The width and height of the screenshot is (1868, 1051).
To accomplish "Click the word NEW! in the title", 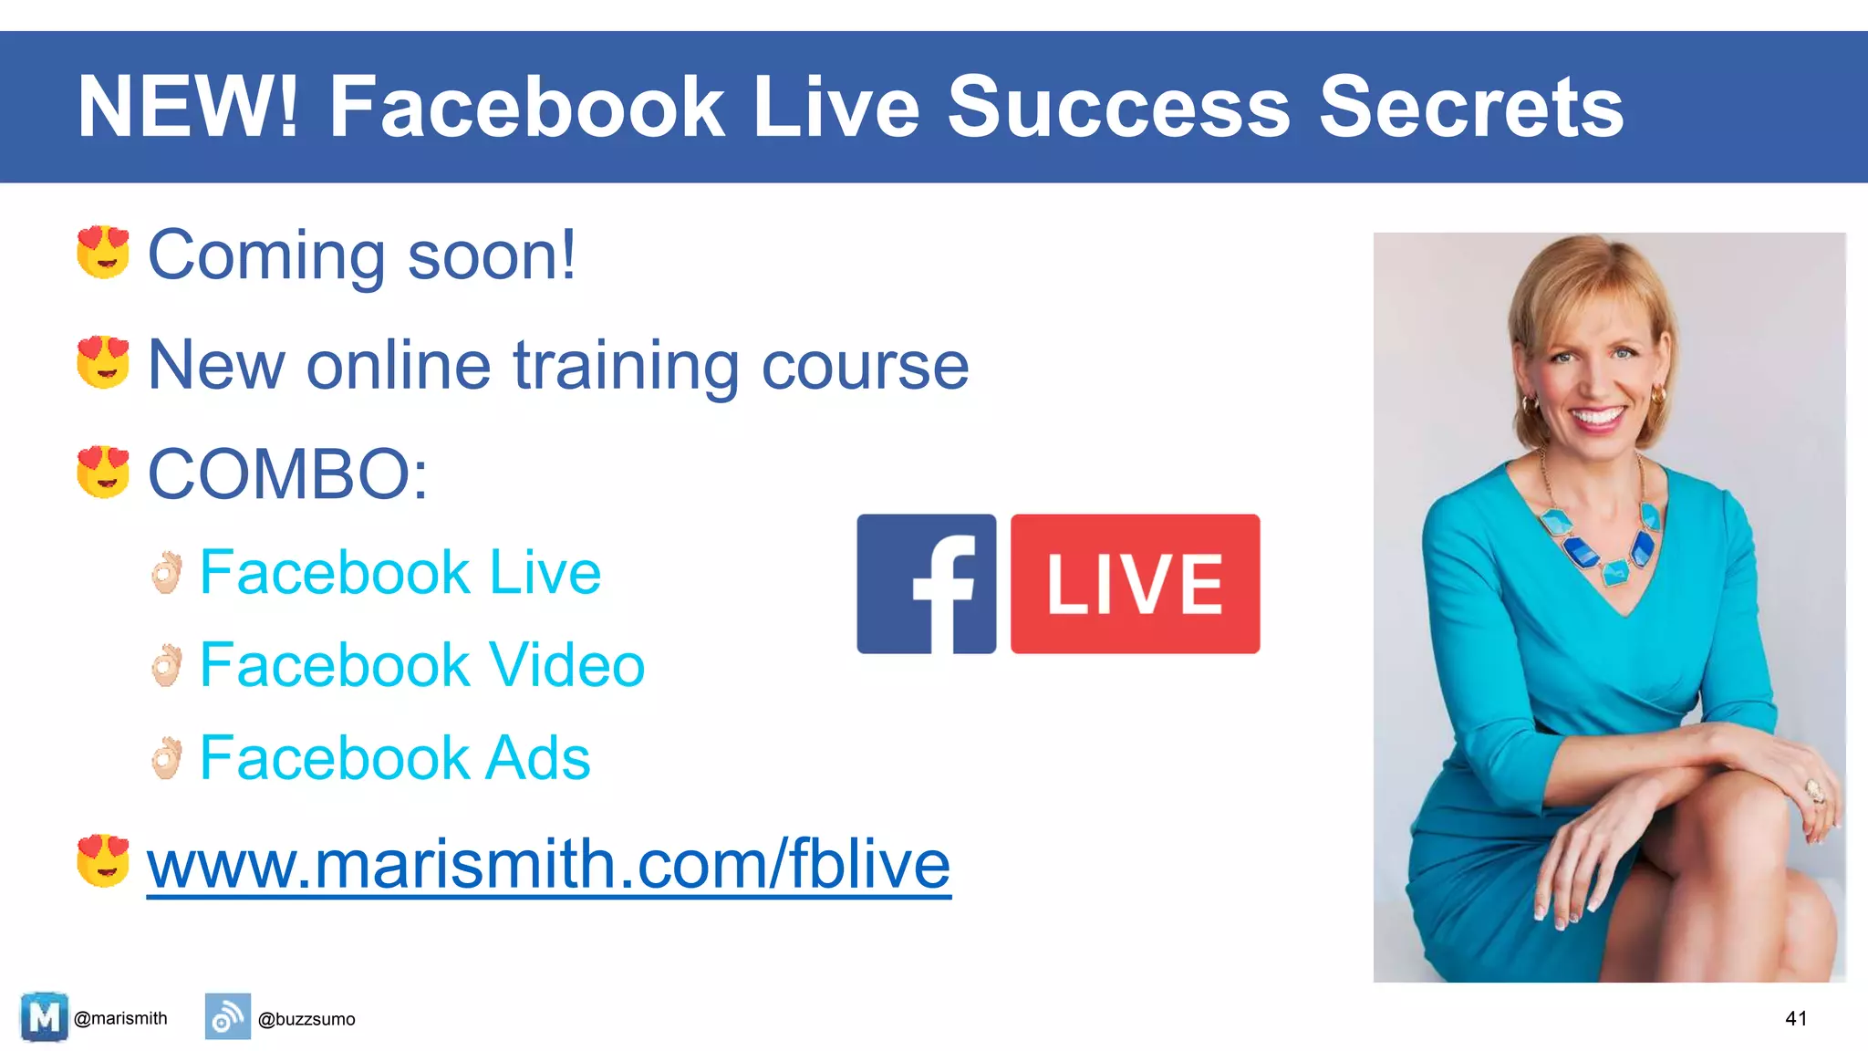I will pos(188,108).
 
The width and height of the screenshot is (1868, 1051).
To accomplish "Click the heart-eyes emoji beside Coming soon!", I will pos(103,252).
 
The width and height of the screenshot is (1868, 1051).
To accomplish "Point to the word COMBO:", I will pos(287,474).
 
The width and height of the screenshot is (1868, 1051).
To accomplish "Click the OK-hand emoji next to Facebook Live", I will pos(167,573).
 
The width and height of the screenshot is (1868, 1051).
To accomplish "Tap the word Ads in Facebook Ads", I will pos(537,758).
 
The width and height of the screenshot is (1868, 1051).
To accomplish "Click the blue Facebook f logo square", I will pos(926,584).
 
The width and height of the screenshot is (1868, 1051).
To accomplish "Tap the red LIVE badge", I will pos(1135,584).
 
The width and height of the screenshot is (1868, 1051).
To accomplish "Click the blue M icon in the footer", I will pos(44,1016).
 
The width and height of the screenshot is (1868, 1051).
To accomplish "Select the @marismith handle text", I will pos(120,1018).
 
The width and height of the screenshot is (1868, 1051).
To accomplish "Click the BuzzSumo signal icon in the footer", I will pos(227,1016).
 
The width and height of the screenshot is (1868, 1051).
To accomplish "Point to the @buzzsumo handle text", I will pos(306,1019).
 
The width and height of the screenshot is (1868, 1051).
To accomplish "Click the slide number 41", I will pos(1796,1018).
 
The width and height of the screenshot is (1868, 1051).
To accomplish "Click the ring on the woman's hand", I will pos(1814,790).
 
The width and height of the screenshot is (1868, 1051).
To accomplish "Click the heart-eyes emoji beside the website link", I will pos(103,859).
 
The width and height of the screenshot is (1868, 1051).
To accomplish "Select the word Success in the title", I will pos(1119,108).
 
